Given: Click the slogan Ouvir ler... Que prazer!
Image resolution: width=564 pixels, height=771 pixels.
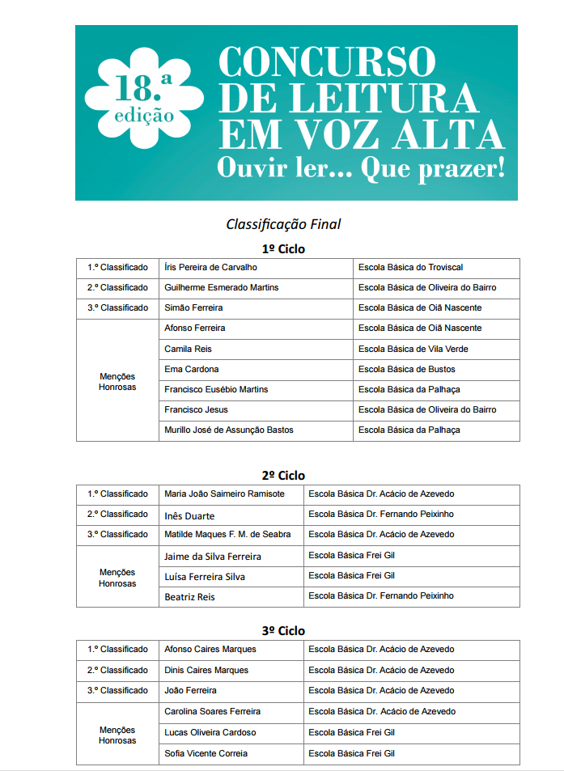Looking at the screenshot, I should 361,167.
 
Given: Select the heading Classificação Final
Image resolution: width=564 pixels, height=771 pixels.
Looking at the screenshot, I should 283,224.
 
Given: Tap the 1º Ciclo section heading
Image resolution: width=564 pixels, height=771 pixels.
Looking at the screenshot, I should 283,249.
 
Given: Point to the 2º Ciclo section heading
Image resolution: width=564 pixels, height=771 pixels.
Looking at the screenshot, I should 283,476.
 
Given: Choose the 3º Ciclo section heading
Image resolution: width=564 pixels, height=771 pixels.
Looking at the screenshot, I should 283,631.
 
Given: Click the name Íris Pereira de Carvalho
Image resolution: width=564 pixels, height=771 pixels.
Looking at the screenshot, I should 210,268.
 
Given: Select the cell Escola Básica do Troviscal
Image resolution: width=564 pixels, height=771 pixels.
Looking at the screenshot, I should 410,268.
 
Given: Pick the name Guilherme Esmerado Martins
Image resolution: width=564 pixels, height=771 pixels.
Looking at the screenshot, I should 221,288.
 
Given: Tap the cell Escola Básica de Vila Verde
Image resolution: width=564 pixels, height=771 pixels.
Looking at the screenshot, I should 413,349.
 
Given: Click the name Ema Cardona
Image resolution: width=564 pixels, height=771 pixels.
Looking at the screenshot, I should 191,370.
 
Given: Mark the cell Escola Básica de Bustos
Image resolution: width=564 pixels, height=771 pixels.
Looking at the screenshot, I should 407,370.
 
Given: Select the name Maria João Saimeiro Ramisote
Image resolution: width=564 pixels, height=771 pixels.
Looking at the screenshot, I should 224,494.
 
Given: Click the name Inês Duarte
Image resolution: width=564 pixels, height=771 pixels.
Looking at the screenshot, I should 189,515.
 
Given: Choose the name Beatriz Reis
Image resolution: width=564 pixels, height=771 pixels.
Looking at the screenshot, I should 189,597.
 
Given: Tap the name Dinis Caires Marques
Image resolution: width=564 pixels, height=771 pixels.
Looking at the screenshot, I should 206,671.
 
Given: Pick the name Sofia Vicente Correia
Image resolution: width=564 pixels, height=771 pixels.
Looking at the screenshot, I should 206,754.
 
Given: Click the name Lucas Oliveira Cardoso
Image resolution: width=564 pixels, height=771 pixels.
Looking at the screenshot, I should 210,733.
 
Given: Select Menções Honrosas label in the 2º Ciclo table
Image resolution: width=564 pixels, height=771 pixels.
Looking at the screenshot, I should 117,578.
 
